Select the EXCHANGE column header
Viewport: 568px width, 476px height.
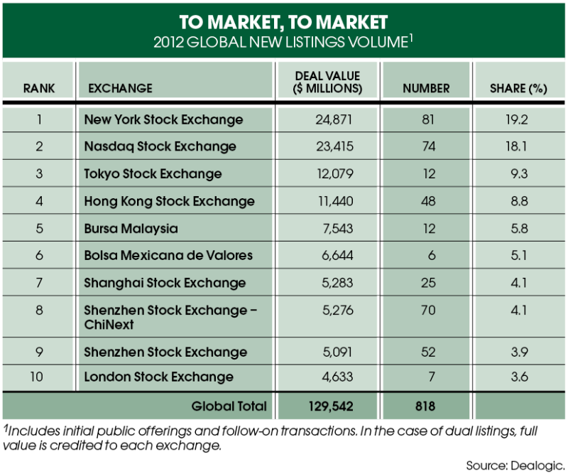120,89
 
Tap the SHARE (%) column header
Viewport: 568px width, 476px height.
518,89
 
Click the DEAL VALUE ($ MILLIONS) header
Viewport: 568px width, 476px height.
327,82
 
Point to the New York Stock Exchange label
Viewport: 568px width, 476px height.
163,119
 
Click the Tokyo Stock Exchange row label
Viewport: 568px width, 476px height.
153,174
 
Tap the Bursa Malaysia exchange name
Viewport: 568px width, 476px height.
131,229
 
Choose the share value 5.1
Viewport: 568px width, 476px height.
518,256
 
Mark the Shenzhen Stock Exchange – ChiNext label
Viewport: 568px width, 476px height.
170,317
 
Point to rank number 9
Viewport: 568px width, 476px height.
39,351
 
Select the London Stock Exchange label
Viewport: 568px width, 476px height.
158,377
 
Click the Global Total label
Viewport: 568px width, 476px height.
229,406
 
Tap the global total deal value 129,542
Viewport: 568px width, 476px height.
328,406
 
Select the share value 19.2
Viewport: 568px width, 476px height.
518,119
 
